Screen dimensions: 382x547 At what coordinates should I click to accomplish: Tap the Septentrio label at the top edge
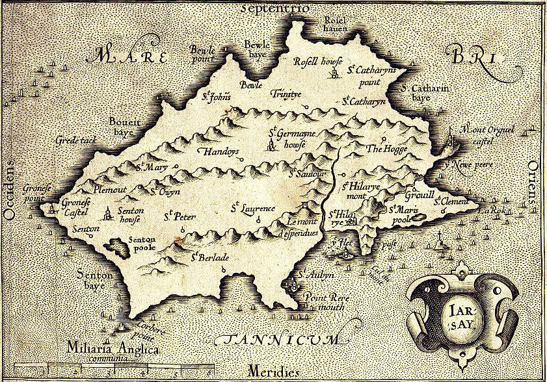[x=274, y=8]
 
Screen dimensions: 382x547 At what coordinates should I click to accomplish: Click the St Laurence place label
[x=254, y=209]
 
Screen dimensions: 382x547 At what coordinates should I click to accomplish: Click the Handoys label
[x=218, y=151]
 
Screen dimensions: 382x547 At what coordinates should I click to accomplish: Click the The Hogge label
[x=382, y=149]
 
